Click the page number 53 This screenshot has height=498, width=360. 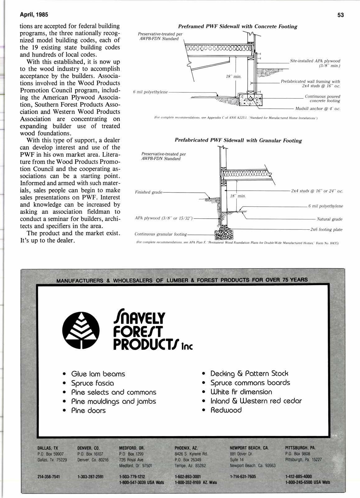tap(340, 15)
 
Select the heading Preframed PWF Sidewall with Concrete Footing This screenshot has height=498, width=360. tap(238, 26)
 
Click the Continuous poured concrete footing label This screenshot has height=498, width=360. tap(322, 99)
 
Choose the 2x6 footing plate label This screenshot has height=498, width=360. tap(326, 230)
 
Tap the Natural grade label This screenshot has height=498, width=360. tap(330, 219)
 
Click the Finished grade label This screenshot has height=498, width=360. tap(149, 192)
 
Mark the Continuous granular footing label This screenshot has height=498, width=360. tap(161, 234)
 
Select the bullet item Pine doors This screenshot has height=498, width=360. tap(88, 411)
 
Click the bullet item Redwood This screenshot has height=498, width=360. tap(226, 410)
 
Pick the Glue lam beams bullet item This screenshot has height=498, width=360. tap(98, 374)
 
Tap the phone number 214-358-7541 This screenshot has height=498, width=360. tap(48, 477)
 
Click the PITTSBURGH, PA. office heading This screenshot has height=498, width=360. tap(300, 448)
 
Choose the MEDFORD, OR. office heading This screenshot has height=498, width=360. tap(132, 448)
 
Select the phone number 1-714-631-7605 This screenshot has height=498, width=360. tap(243, 477)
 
